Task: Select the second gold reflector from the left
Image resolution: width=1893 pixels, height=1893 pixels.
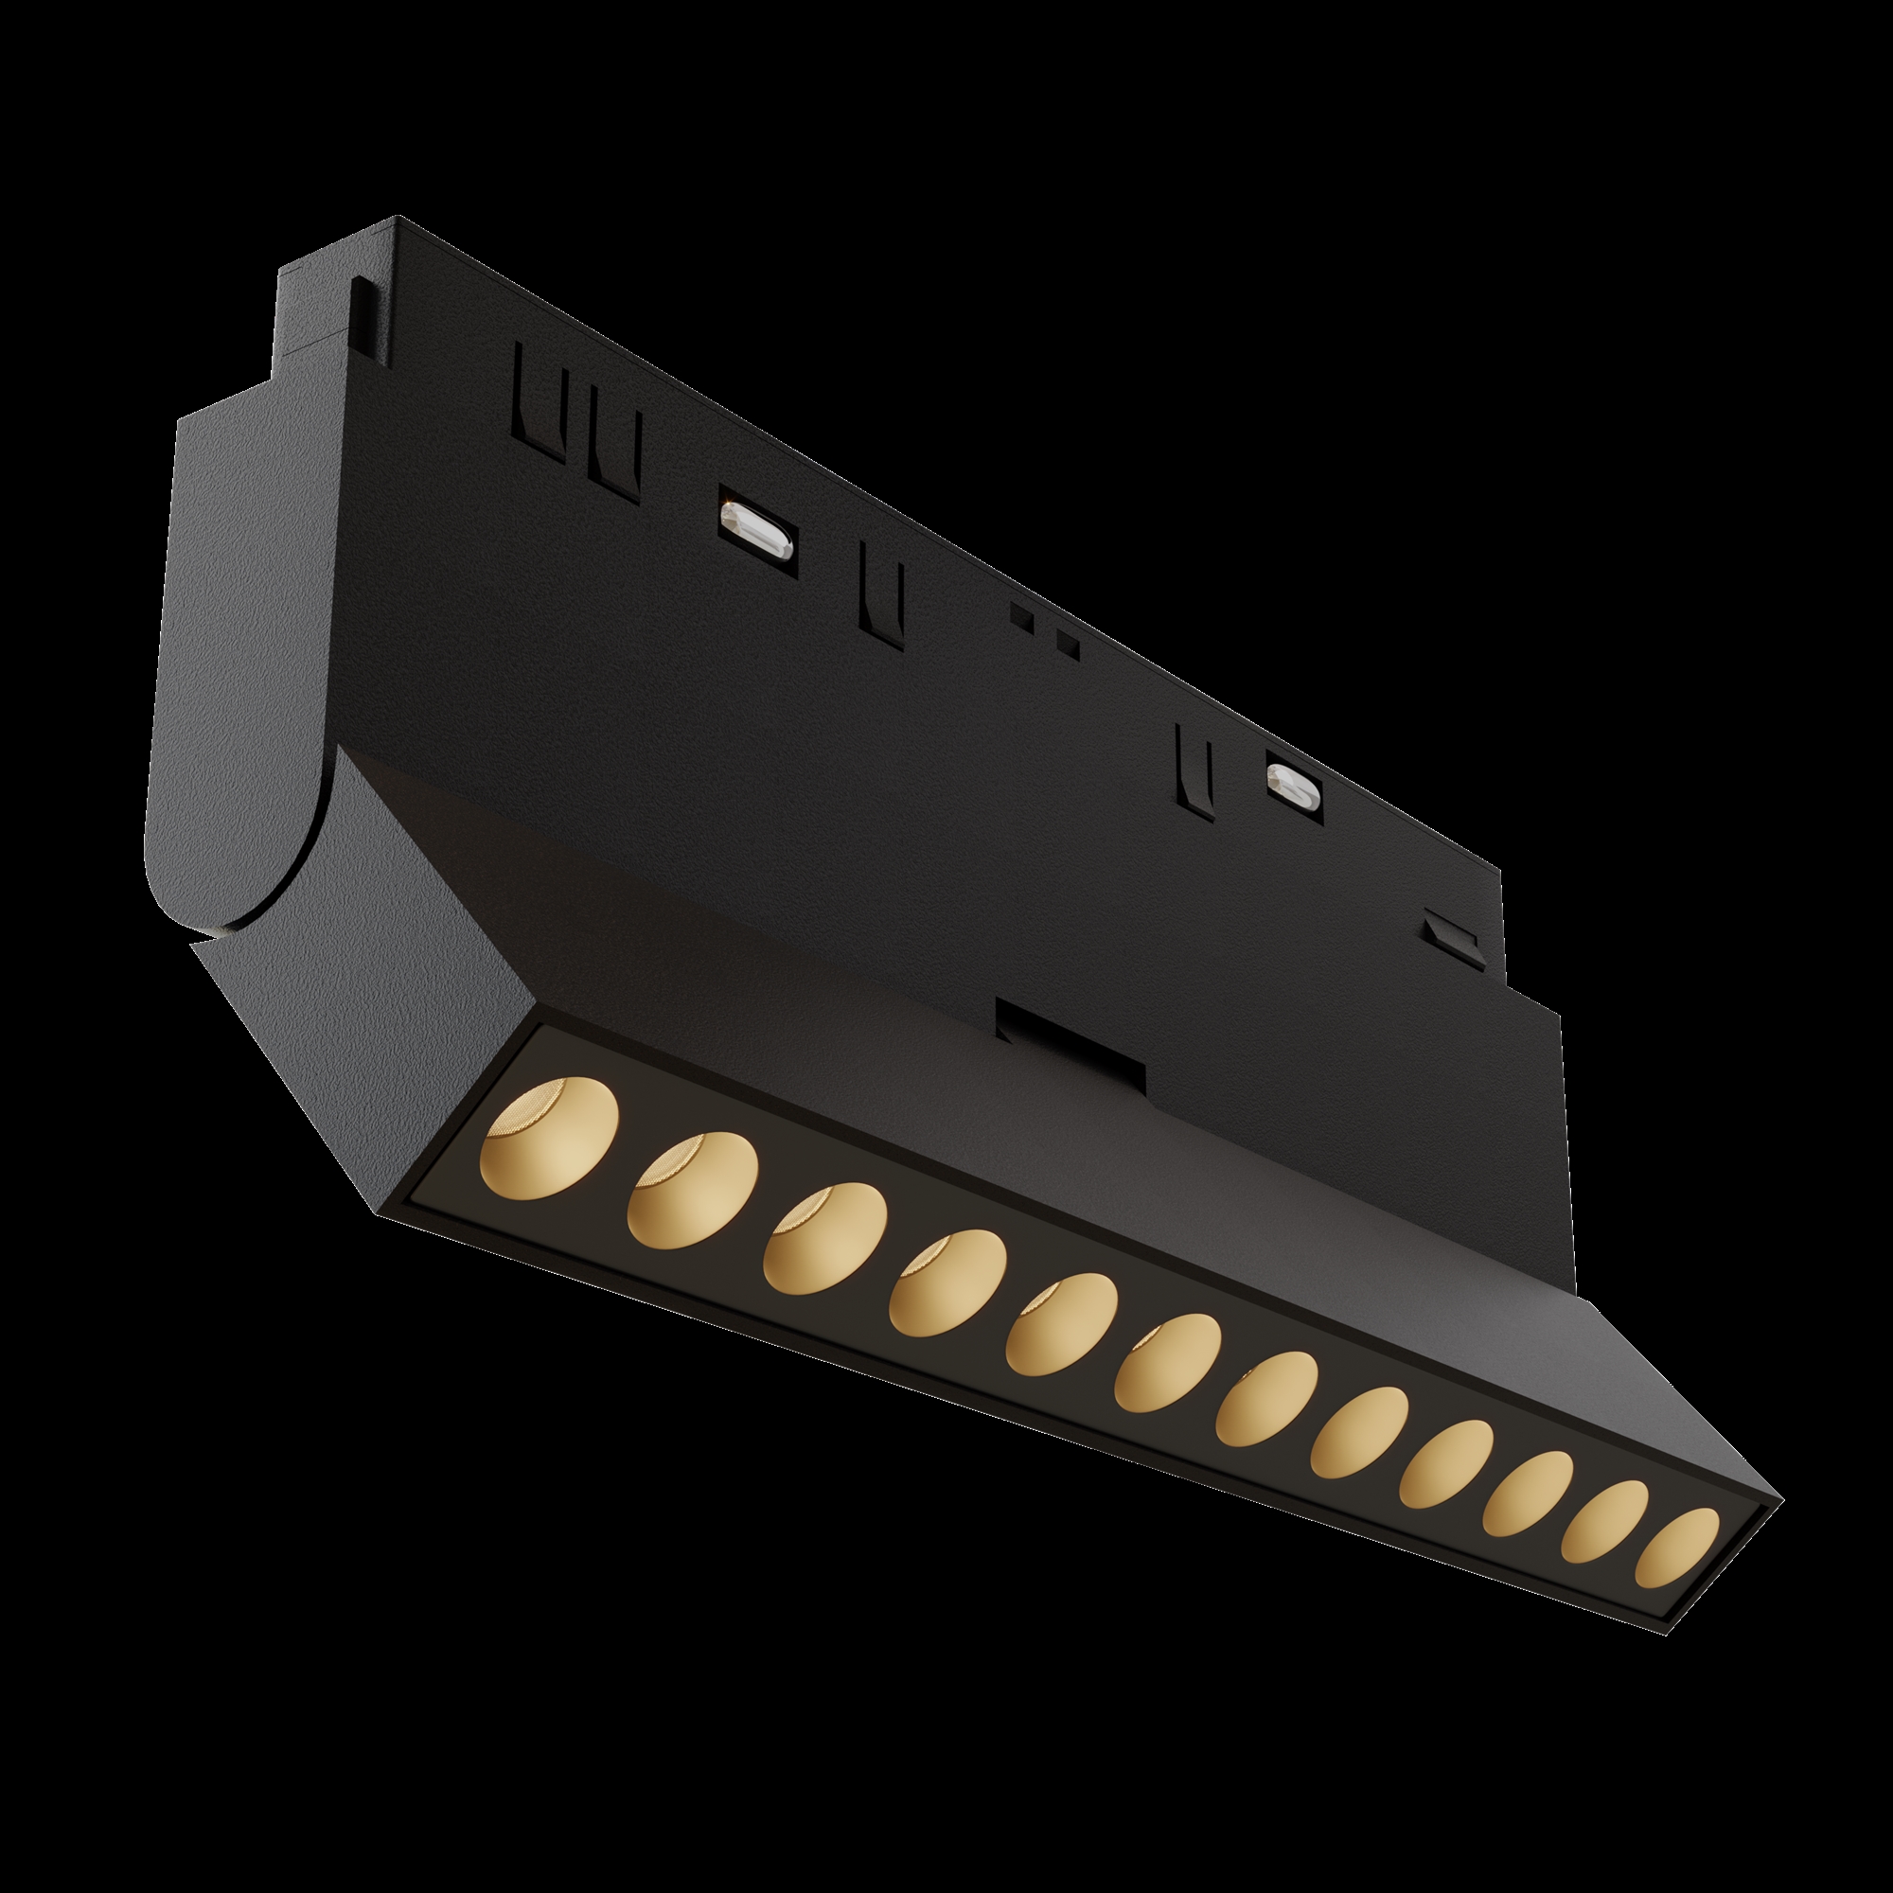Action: click(x=693, y=1191)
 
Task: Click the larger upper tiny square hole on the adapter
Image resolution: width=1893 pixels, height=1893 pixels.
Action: click(x=1022, y=616)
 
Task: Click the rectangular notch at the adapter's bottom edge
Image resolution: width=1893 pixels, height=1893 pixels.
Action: click(x=1069, y=1038)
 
